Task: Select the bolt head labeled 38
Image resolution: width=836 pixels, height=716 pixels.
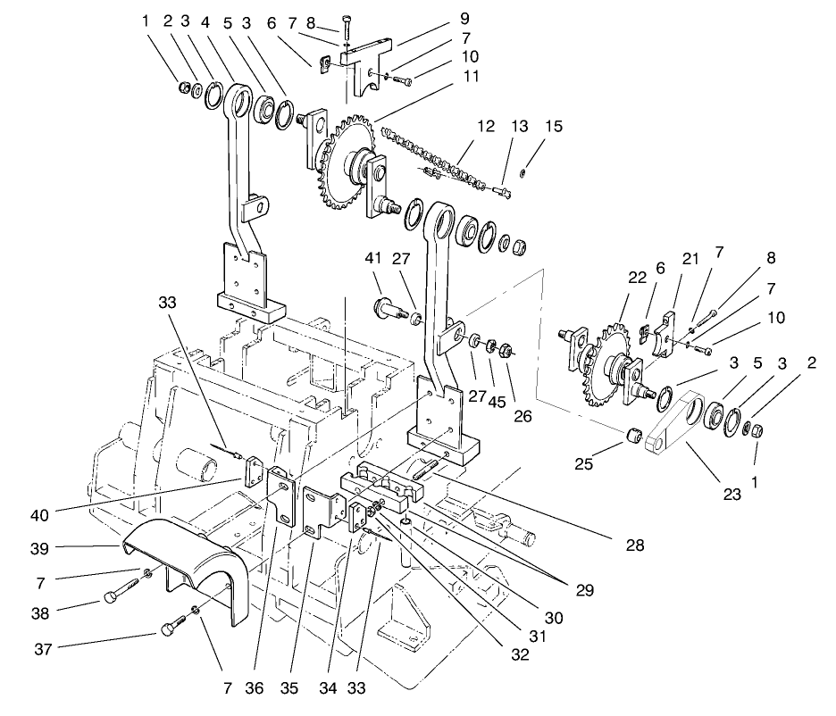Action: click(112, 596)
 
